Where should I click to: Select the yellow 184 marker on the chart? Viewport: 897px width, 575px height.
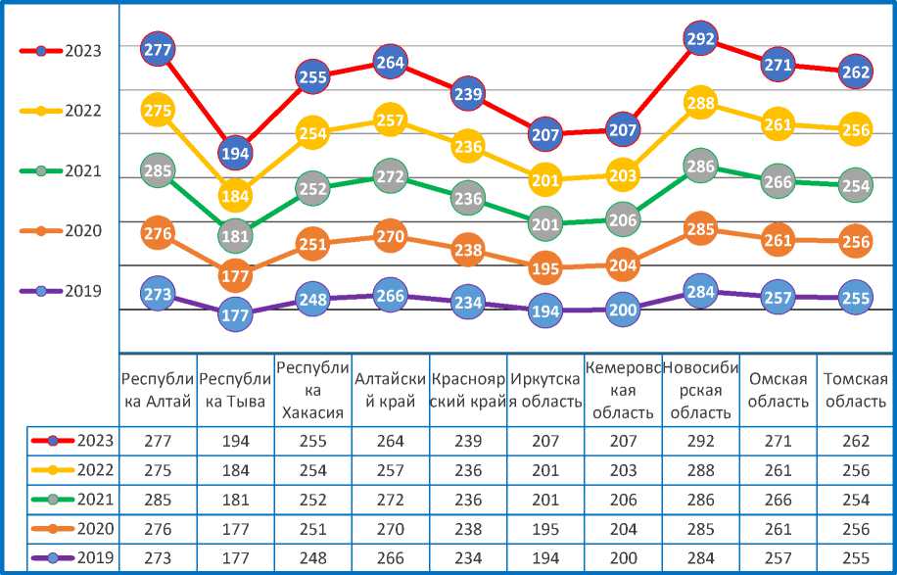[235, 196]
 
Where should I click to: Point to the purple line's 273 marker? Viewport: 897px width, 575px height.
[158, 294]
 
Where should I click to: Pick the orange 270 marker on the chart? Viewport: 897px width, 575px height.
[390, 236]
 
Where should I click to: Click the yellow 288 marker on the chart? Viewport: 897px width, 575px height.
[699, 102]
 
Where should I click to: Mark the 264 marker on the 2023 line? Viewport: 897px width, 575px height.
[390, 64]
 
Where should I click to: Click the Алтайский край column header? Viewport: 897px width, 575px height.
[390, 390]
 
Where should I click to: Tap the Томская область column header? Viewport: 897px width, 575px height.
[855, 390]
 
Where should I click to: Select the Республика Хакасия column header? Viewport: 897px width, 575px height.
[312, 390]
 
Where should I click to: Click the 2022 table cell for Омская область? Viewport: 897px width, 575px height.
[778, 470]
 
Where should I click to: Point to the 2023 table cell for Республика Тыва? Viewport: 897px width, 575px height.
[235, 442]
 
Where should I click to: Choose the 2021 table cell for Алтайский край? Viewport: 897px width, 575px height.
[390, 500]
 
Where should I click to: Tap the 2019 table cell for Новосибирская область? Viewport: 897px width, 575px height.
[699, 558]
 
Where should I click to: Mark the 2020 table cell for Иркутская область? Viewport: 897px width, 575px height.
[544, 529]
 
